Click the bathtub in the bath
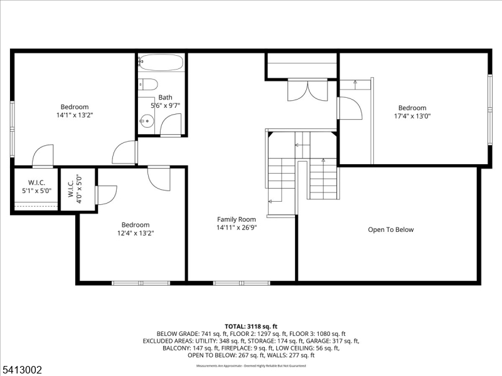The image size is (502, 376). (161, 63)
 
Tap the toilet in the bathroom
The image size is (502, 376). (147, 85)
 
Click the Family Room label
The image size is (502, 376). (237, 219)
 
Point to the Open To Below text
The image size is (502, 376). (390, 230)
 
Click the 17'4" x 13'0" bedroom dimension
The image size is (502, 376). (412, 116)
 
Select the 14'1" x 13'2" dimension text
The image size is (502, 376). (75, 115)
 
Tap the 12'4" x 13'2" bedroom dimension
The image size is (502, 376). (136, 233)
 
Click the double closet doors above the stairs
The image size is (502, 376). (307, 91)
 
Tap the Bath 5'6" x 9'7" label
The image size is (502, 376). (165, 101)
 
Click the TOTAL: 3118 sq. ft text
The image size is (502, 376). (250, 326)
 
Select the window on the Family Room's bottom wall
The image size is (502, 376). (242, 283)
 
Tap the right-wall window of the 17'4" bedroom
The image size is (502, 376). (490, 110)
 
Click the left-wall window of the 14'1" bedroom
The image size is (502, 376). (12, 128)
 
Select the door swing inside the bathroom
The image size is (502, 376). (171, 125)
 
